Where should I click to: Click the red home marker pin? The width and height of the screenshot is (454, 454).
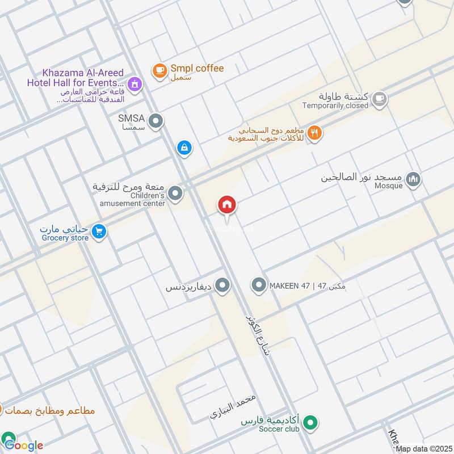[227, 205]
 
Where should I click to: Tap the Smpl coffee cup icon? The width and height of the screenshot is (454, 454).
[159, 70]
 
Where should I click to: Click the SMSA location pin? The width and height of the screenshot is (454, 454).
[155, 120]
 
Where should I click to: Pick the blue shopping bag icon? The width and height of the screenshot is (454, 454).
[184, 148]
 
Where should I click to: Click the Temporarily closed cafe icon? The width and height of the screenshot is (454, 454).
[379, 99]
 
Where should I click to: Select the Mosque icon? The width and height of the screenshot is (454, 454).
[414, 179]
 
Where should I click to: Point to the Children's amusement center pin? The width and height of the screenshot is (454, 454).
[176, 194]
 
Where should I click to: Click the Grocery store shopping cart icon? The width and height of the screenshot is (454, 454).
[99, 232]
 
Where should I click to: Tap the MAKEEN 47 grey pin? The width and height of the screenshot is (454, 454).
[259, 285]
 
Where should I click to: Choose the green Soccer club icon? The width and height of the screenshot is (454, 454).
[310, 422]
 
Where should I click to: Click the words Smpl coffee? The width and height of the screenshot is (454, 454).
[197, 68]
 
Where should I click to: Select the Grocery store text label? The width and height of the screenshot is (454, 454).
[65, 238]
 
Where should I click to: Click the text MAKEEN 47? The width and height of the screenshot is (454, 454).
[289, 285]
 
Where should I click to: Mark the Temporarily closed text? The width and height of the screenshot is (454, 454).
[335, 106]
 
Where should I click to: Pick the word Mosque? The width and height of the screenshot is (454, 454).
[388, 186]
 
